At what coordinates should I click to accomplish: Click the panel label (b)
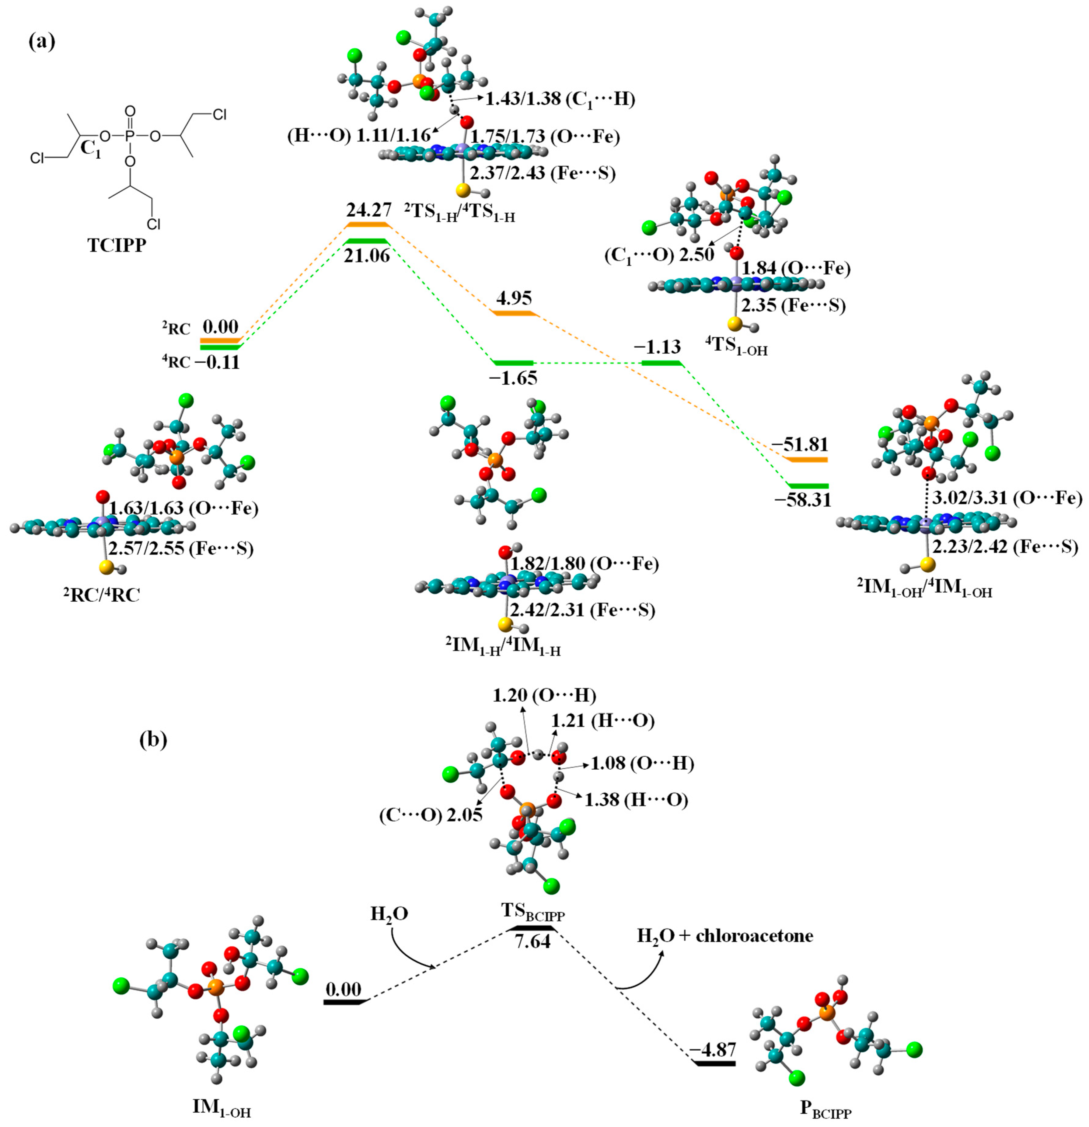(x=154, y=740)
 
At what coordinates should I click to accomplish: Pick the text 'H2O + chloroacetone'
(x=725, y=936)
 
